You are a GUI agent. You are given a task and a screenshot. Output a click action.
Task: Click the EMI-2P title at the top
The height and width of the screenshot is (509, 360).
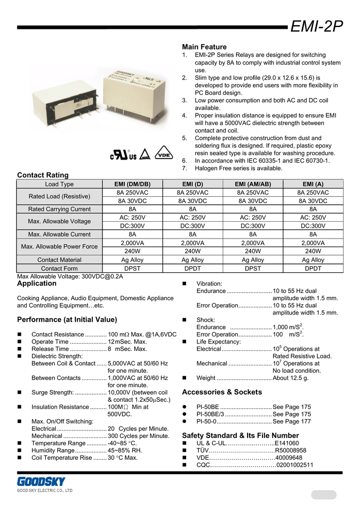(x=317, y=26)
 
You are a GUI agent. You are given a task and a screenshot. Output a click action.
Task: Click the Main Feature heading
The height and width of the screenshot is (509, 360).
(x=204, y=47)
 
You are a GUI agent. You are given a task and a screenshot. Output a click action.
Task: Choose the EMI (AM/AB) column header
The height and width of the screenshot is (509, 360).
(x=253, y=184)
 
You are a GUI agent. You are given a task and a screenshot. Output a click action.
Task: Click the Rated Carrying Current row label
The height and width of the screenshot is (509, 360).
(x=59, y=209)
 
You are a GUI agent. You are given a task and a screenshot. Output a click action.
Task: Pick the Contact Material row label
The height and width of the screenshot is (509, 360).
(x=59, y=260)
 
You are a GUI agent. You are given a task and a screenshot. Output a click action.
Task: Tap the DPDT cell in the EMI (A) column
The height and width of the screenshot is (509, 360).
(x=313, y=268)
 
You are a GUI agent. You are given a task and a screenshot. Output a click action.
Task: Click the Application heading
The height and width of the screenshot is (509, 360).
(x=37, y=283)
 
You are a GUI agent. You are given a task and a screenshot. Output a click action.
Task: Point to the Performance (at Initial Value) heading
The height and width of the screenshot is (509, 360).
(x=67, y=319)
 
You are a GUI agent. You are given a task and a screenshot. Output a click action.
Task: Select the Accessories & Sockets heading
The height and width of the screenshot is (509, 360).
(x=222, y=392)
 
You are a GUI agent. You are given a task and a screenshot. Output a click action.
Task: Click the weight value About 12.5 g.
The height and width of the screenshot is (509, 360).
(x=290, y=378)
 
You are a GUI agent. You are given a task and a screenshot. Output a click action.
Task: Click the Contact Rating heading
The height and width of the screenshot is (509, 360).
(x=43, y=175)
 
